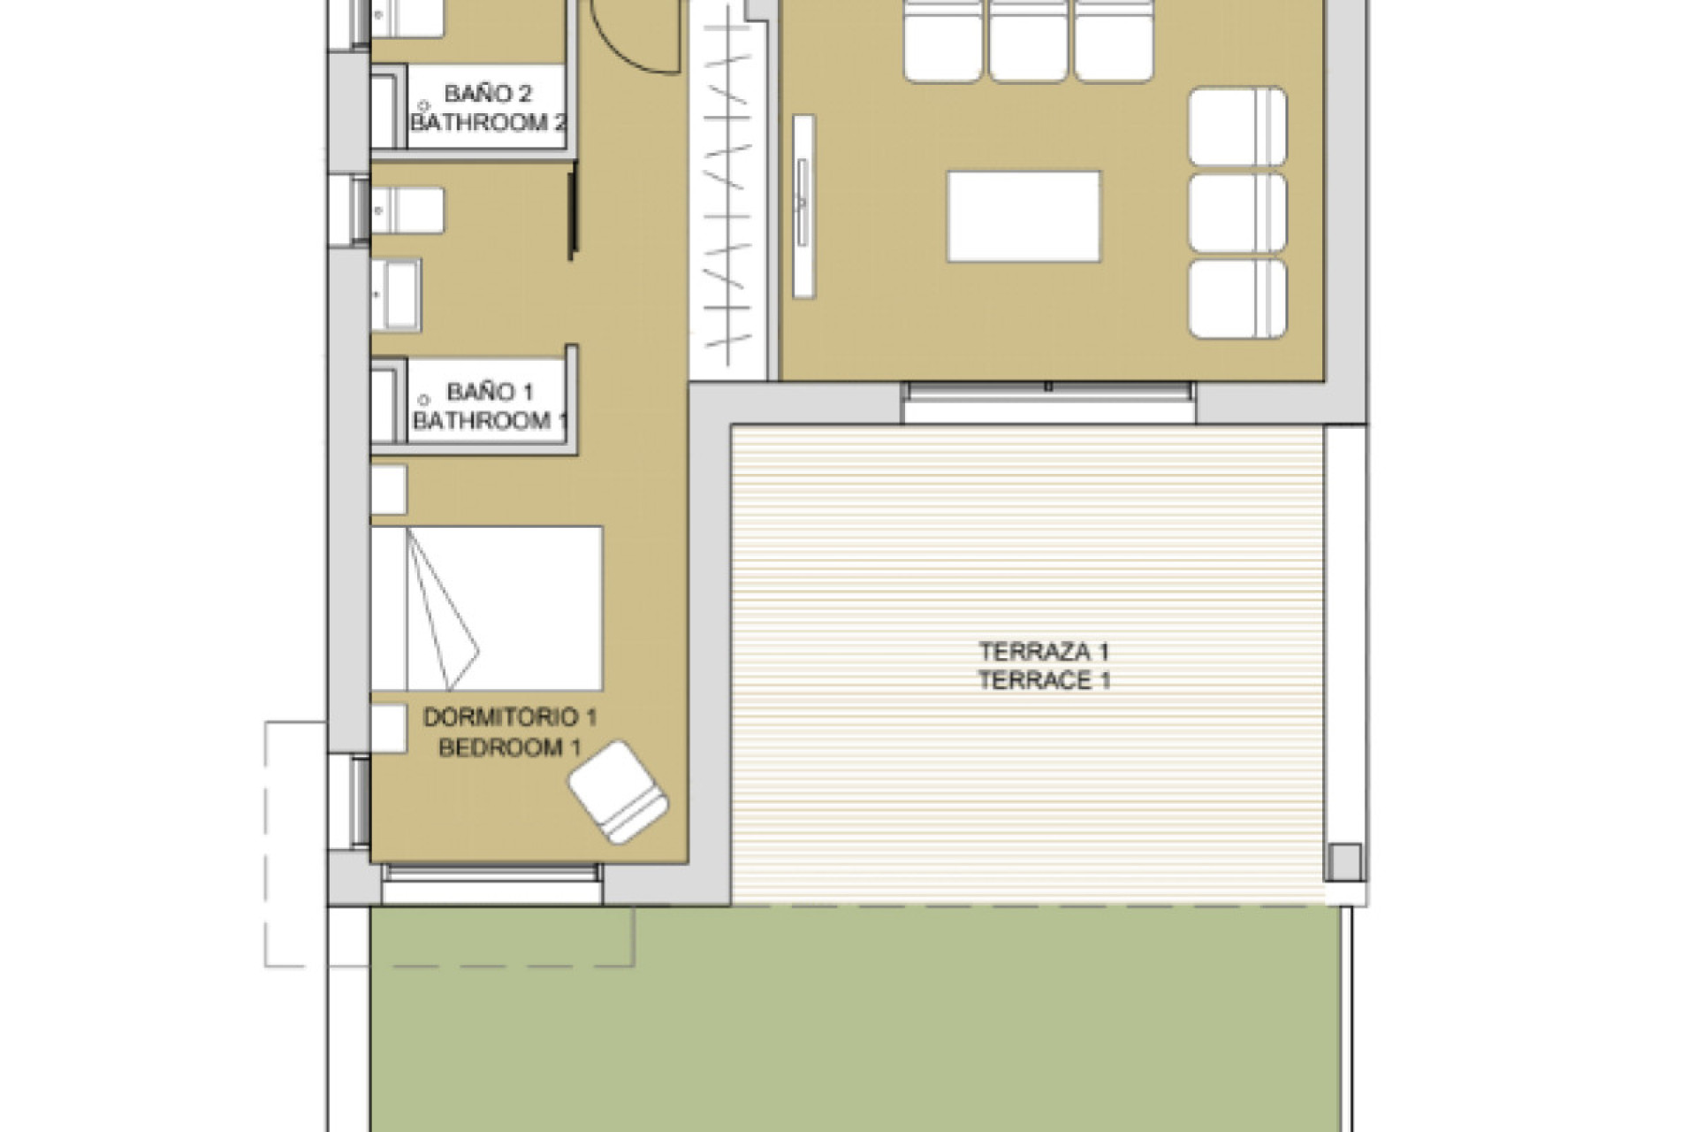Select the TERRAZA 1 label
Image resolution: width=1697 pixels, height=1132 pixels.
pos(1043,652)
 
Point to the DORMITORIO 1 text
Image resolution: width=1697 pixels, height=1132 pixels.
pos(510,717)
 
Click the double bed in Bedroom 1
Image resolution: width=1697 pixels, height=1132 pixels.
pos(487,608)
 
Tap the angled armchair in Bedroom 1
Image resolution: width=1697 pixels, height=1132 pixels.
pos(618,792)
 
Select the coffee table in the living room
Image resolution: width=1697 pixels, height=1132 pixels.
pos(1024,217)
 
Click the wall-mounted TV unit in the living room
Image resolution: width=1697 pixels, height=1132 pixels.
pos(803,205)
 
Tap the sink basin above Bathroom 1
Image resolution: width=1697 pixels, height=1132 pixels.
pos(396,295)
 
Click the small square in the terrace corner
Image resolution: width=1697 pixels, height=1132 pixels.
pos(1343,862)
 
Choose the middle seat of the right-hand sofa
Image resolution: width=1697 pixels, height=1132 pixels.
pos(1237,212)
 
